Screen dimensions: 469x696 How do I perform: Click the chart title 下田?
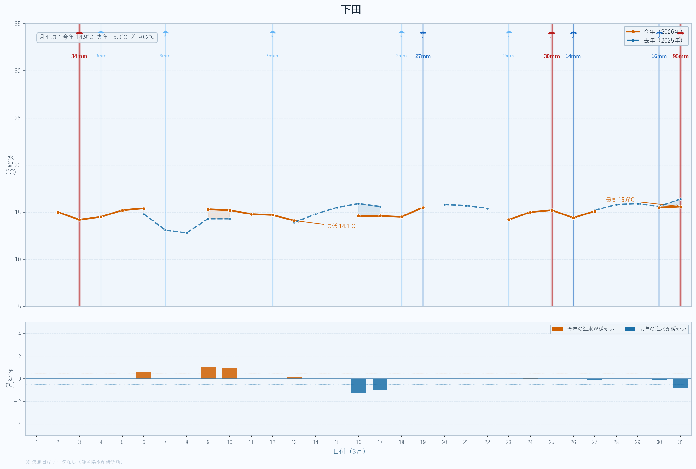coord(351,10)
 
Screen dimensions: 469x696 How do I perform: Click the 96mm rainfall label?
coord(681,56)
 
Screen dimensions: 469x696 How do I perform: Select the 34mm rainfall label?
coord(79,56)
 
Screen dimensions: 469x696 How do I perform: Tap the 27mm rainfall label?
coord(423,56)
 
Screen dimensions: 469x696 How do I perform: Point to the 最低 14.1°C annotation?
coord(341,226)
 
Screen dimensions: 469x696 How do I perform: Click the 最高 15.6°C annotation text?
coord(620,200)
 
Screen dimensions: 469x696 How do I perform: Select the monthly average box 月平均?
coord(97,37)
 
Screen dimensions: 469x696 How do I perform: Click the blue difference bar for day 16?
coord(358,386)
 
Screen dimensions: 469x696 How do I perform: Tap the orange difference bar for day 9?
coord(208,373)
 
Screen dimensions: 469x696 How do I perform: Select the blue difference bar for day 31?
coord(681,383)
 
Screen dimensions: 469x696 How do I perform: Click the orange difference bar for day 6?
coord(144,375)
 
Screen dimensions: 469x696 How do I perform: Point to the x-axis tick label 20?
coord(444,442)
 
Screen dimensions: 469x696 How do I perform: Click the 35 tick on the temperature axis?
coord(18,24)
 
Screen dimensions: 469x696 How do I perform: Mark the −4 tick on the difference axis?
coord(18,424)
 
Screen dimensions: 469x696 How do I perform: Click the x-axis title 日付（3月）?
coord(349,451)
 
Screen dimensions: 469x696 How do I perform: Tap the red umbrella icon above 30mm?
coord(552,34)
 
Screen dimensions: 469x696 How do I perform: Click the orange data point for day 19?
coord(423,208)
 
